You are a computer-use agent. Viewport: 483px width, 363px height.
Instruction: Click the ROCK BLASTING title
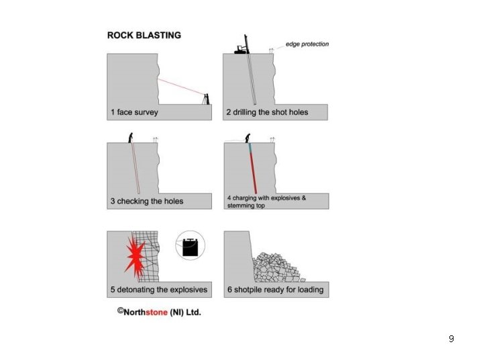(144, 35)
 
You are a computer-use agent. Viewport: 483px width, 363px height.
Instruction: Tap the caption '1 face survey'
(135, 112)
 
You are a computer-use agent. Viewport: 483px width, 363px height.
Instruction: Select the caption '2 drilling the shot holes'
(267, 112)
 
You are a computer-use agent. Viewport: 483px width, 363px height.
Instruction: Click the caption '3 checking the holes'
(147, 201)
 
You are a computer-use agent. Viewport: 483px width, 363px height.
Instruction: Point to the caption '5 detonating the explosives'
(159, 290)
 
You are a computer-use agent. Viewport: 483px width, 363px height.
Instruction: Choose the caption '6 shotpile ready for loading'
(275, 290)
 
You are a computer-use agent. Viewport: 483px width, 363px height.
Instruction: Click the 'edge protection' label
(307, 44)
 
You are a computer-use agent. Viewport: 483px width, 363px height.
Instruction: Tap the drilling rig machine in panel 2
(241, 48)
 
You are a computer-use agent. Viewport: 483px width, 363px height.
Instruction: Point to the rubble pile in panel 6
(275, 268)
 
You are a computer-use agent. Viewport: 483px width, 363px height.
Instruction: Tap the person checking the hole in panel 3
(131, 138)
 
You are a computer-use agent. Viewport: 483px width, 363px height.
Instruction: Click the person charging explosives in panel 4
(248, 138)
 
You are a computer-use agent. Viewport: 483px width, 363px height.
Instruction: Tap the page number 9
(451, 339)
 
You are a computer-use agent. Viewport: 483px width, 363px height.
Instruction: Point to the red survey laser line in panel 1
(181, 87)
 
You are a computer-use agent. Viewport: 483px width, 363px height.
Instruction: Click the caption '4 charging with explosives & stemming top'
(266, 202)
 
